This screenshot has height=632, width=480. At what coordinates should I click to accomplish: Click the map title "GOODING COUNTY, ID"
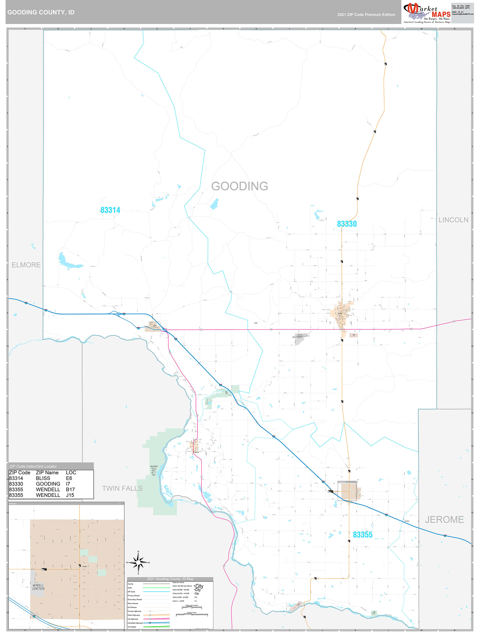pos(41,12)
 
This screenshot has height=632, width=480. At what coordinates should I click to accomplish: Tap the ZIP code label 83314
pos(110,210)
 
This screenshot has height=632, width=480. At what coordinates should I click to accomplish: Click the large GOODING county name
pos(240,186)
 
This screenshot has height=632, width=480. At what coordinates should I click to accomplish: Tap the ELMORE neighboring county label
pos(26,265)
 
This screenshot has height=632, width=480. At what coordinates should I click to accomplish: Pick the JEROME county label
pos(444,519)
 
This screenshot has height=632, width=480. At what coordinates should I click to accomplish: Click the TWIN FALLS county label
pos(122,488)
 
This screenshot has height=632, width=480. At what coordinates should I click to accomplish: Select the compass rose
pos(138,562)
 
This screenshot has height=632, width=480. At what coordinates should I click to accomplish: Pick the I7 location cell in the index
pos(68,484)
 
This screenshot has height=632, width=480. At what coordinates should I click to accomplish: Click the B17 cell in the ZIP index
pos(70,489)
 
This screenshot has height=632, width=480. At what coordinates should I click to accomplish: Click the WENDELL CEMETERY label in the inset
pos(38,587)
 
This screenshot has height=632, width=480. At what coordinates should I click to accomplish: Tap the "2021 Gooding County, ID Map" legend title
pos(170,579)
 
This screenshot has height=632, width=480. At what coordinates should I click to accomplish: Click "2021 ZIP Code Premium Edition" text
pos(366,15)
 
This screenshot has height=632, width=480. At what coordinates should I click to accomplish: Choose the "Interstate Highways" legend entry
pos(135,623)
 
